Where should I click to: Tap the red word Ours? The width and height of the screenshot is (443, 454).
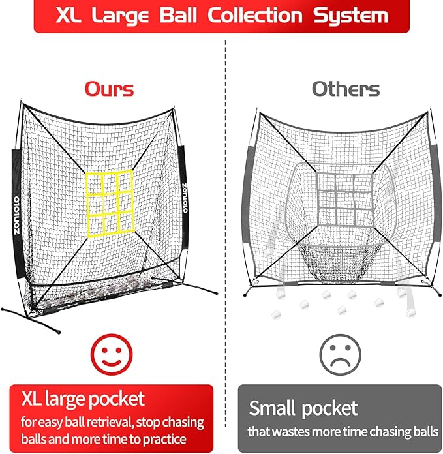click(x=110, y=89)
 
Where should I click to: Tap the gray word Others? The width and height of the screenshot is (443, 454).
click(x=345, y=89)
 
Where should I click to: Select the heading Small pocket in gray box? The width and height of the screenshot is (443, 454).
click(x=303, y=408)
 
